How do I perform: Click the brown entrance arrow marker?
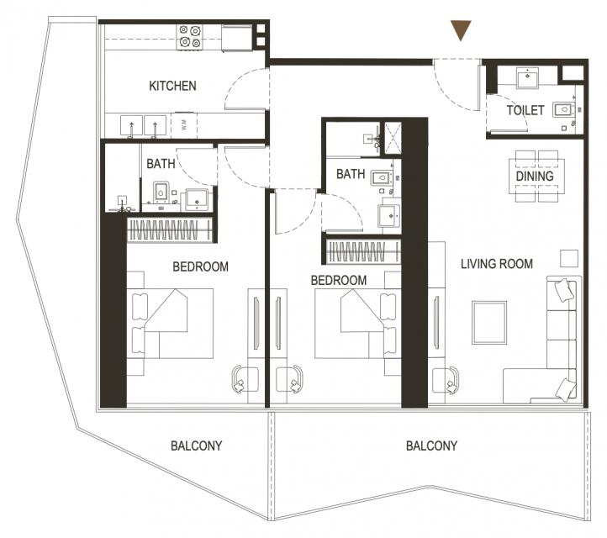tap(461, 29)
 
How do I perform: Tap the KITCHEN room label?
tap(172, 86)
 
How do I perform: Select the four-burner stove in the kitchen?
tap(190, 37)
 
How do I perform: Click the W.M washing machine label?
tap(184, 124)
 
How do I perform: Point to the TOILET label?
tap(525, 110)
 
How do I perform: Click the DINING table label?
tap(535, 176)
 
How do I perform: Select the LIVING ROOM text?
tap(497, 264)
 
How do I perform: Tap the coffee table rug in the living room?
tap(489, 323)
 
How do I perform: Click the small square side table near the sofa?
tap(569, 258)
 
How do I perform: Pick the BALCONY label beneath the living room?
tap(431, 446)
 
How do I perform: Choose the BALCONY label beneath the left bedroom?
tap(196, 446)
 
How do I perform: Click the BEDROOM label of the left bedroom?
tap(201, 266)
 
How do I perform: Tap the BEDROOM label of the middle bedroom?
tap(339, 280)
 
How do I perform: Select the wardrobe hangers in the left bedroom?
tap(170, 229)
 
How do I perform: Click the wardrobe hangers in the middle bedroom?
tap(363, 252)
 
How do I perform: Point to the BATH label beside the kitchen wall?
tap(161, 164)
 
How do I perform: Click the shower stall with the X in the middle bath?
tap(393, 139)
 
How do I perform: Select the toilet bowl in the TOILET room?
tap(563, 109)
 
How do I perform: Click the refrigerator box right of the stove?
tap(236, 38)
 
